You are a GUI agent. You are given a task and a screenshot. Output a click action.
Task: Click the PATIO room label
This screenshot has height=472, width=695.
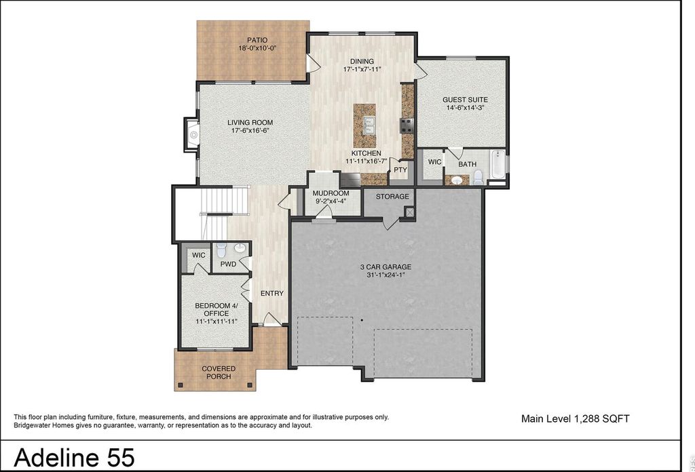(x=257, y=40)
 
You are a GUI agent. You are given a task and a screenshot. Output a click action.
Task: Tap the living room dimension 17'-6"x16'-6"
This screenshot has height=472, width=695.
(x=250, y=131)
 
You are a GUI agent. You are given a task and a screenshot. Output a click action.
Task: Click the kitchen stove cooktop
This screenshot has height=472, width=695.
(x=407, y=125)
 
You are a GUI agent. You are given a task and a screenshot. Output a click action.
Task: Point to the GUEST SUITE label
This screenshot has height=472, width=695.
(x=465, y=100)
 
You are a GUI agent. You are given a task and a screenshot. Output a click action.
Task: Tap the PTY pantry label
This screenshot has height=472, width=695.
(x=400, y=170)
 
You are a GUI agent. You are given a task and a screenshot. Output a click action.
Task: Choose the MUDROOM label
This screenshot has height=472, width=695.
(x=331, y=193)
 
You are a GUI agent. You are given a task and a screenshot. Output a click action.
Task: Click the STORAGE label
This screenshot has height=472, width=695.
(x=392, y=197)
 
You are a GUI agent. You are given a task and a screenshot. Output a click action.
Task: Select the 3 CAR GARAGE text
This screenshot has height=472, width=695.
(x=386, y=267)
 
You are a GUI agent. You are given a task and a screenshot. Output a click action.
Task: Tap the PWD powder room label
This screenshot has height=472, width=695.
(x=228, y=264)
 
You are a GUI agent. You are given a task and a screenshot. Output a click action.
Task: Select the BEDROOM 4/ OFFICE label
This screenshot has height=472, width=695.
(x=217, y=309)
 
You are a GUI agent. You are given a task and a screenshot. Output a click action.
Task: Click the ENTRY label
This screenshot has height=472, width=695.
(x=271, y=294)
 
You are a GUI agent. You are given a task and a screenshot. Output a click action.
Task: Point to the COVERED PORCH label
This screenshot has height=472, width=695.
(x=219, y=372)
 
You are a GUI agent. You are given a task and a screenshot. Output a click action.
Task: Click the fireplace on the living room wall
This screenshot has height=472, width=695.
(x=191, y=134)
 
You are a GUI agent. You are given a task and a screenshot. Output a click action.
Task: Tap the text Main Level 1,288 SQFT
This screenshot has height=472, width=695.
(x=576, y=419)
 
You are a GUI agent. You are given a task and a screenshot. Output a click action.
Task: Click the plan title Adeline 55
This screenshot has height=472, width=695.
(x=75, y=457)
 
